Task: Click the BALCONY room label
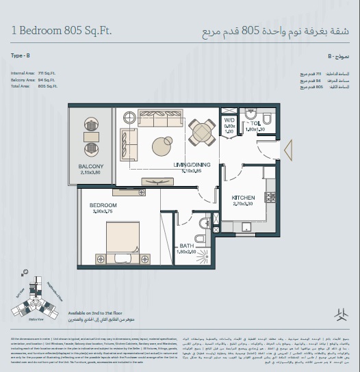point(90,166)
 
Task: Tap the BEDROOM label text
point(103,205)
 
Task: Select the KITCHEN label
point(244,197)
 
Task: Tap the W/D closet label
point(229,121)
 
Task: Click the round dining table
point(202,130)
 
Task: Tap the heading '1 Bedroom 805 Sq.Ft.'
point(62,31)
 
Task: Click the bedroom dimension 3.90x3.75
point(103,212)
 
